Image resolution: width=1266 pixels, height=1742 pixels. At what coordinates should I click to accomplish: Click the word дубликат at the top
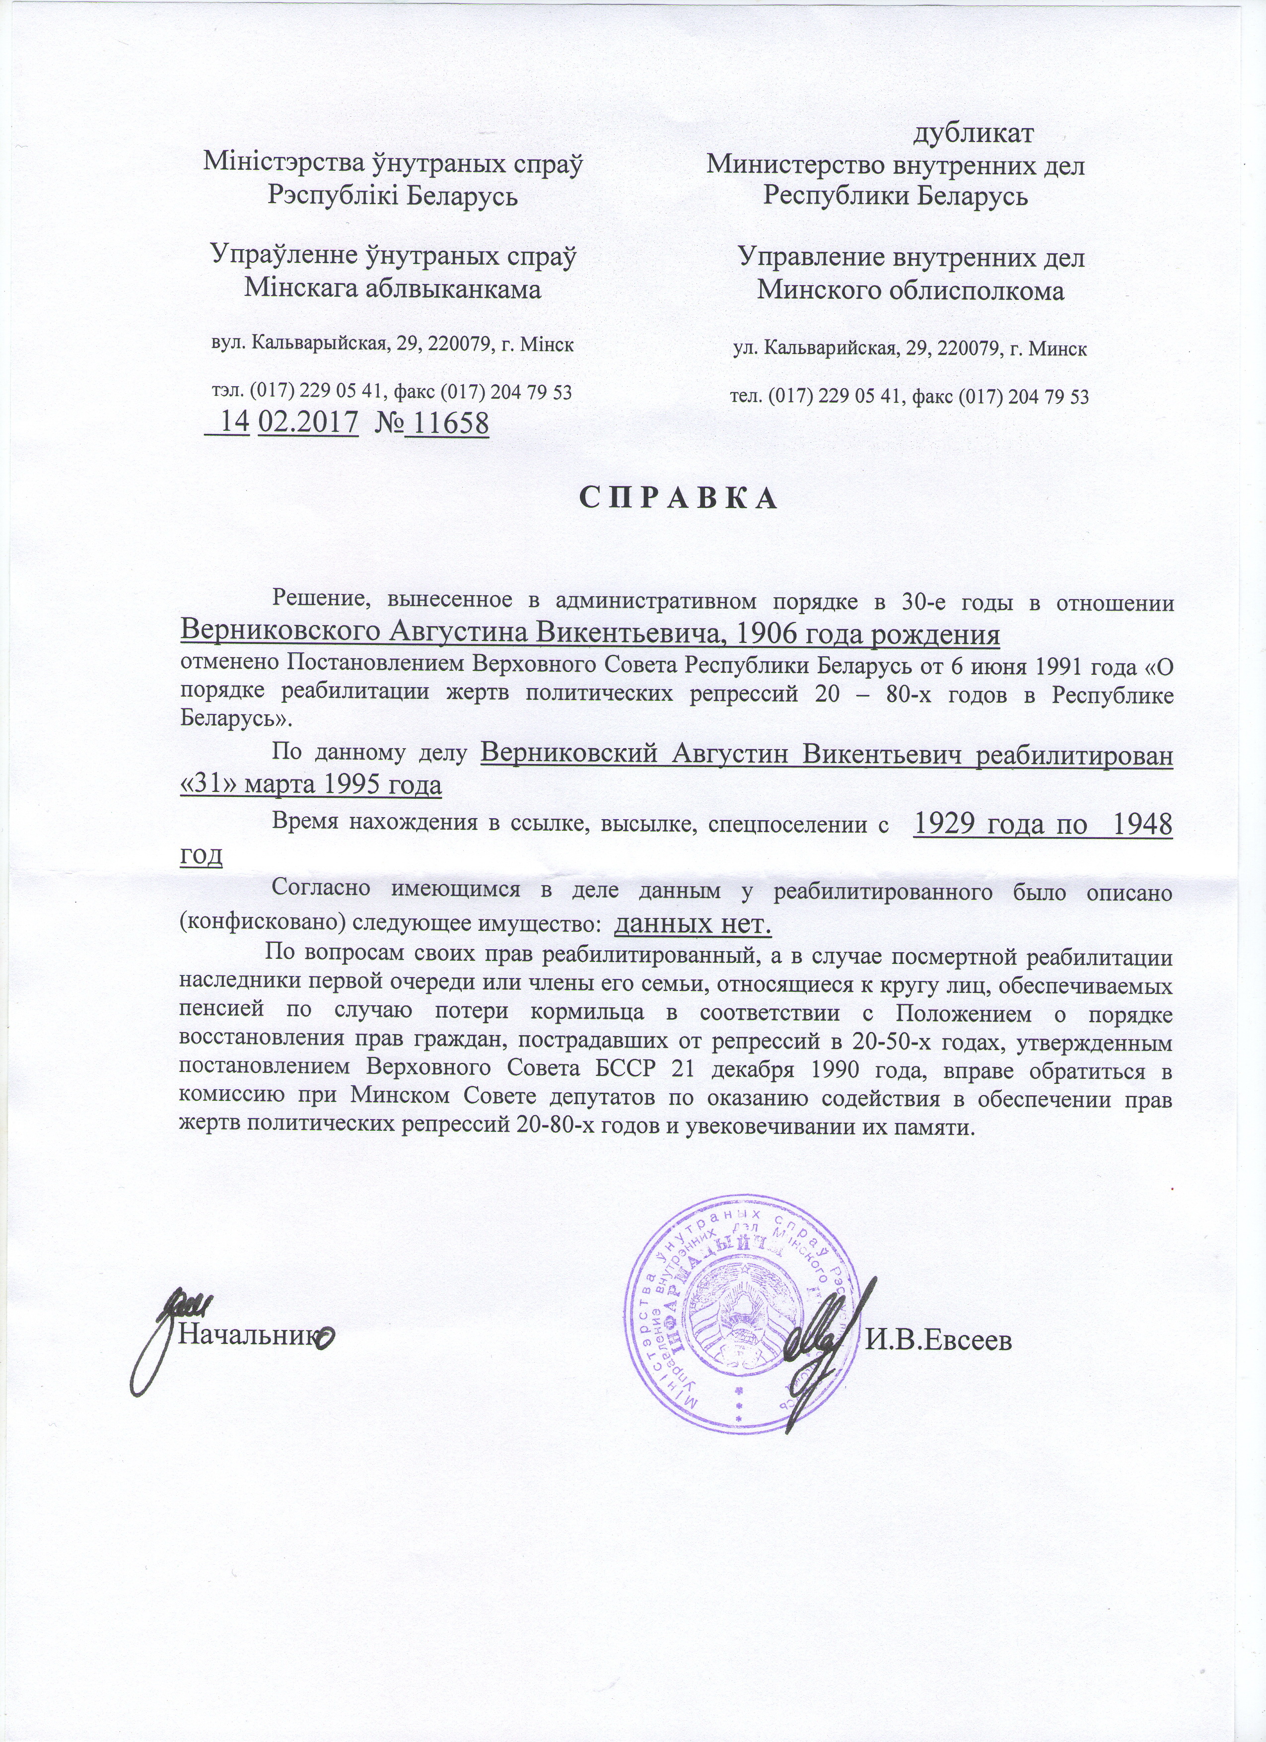(973, 133)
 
